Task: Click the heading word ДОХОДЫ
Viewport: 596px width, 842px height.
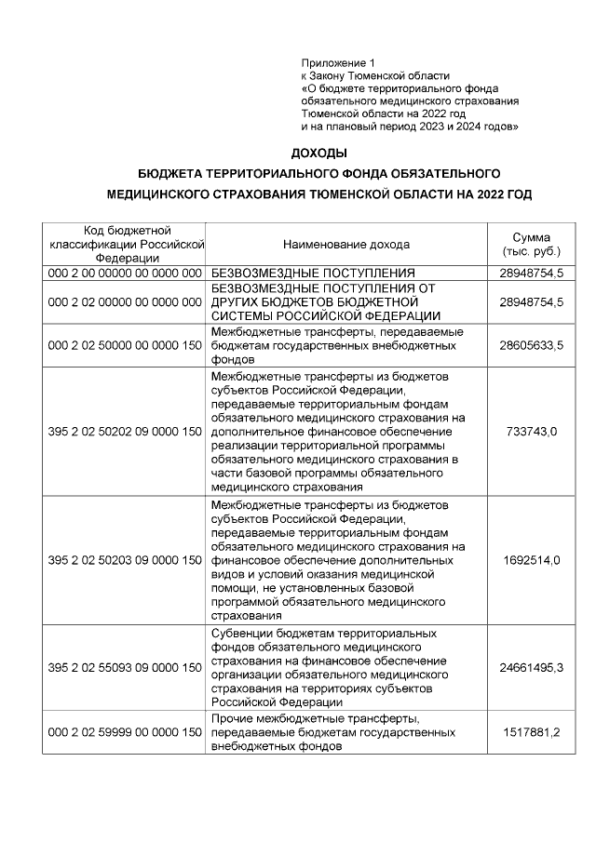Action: [x=318, y=153]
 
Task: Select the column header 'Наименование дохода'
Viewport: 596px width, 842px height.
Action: [x=345, y=245]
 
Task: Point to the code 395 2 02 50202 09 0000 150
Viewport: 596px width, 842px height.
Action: [x=125, y=432]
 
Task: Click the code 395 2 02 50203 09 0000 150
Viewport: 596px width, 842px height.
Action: [x=125, y=560]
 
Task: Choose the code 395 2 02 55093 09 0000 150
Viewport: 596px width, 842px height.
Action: [x=125, y=668]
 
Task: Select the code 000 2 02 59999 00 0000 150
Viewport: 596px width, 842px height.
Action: [x=125, y=733]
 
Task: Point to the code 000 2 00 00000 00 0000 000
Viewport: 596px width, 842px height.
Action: [x=125, y=273]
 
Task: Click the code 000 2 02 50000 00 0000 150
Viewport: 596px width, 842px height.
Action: [x=125, y=345]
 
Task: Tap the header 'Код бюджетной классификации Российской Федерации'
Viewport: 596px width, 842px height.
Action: [x=125, y=245]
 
